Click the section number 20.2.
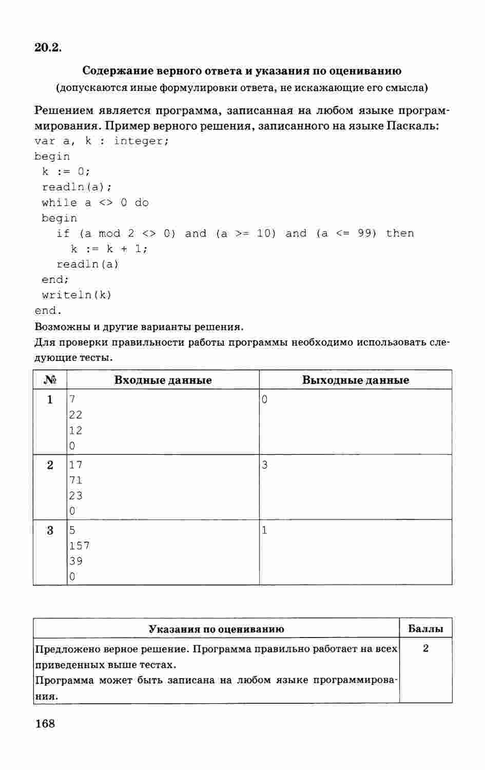[48, 48]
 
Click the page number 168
[45, 724]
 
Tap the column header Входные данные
[163, 380]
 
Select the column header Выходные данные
[355, 380]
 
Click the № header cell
[50, 380]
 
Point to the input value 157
[79, 546]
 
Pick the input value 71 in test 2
[75, 480]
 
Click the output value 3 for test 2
[264, 465]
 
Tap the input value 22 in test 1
[75, 415]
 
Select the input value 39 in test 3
[75, 561]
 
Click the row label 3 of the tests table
[50, 531]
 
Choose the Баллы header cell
[425, 629]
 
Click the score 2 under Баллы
[425, 649]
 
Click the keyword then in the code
[400, 234]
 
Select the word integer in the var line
[141, 141]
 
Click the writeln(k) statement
[76, 295]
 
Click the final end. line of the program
[48, 311]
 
